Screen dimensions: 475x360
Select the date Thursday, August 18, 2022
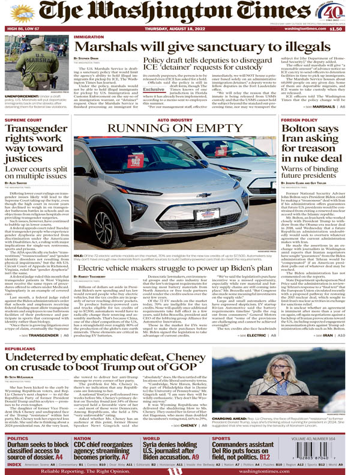[180, 28]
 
